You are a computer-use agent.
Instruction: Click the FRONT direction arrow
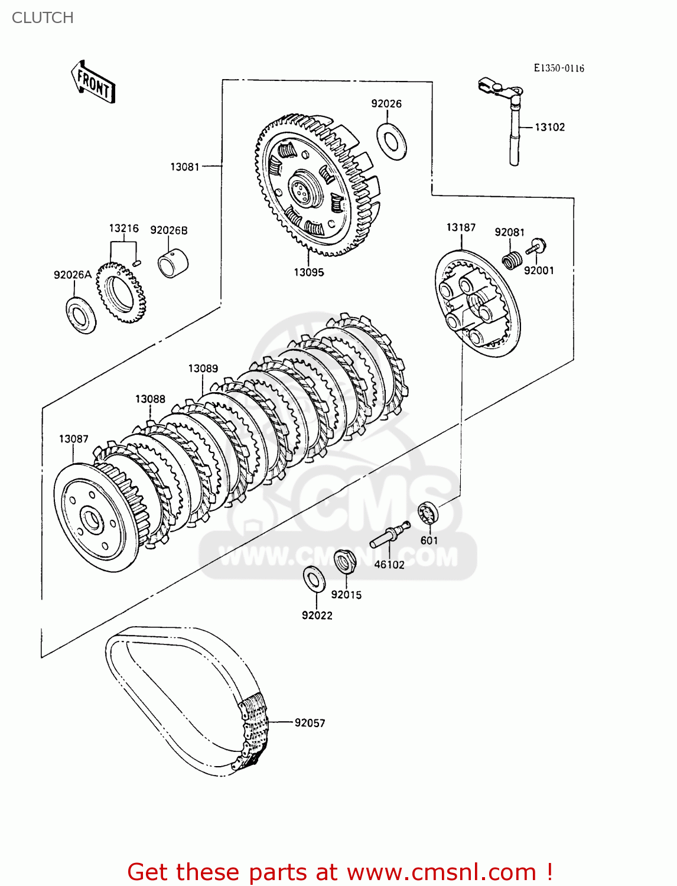93,83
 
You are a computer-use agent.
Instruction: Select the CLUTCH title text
43,18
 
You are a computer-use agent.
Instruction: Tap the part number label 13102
549,127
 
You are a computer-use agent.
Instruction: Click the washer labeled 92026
391,141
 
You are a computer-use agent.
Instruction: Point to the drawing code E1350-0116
559,68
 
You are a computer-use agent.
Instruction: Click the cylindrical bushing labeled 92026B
172,263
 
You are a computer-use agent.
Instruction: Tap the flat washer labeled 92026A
81,315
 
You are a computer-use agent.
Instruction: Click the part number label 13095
309,272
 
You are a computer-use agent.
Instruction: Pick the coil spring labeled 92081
512,259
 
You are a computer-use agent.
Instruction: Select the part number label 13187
461,227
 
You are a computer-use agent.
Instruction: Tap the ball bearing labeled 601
428,513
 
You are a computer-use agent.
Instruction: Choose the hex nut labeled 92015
343,561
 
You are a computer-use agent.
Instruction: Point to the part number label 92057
310,722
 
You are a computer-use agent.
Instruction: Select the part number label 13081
185,167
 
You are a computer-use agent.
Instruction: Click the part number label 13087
73,439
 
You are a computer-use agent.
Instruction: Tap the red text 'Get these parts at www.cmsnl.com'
340,872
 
